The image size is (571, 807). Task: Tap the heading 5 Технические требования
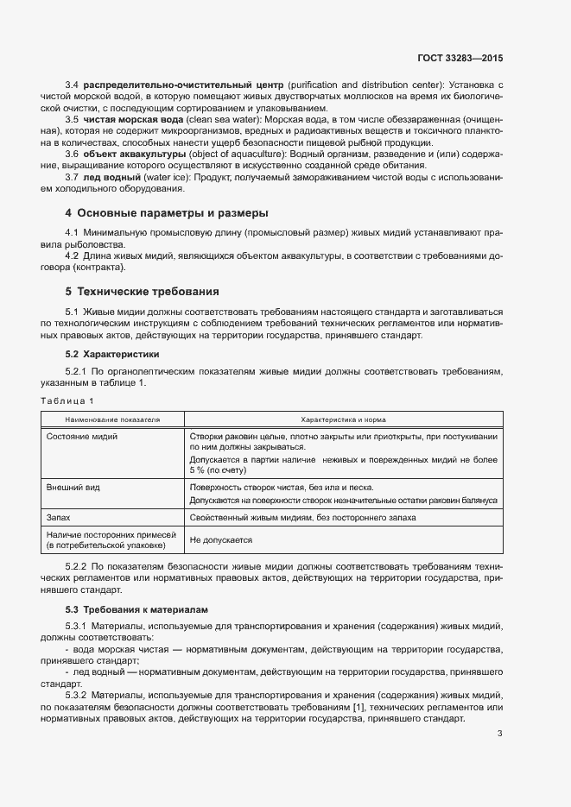tap(142, 291)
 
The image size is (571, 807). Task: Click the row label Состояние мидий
tap(82, 436)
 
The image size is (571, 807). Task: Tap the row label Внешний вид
tap(73, 488)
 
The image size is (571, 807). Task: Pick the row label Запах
tap(59, 518)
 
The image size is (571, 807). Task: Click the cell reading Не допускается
tap(220, 539)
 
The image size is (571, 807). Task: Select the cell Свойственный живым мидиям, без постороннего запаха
tap(302, 518)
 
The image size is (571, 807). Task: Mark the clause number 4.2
tap(73, 256)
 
